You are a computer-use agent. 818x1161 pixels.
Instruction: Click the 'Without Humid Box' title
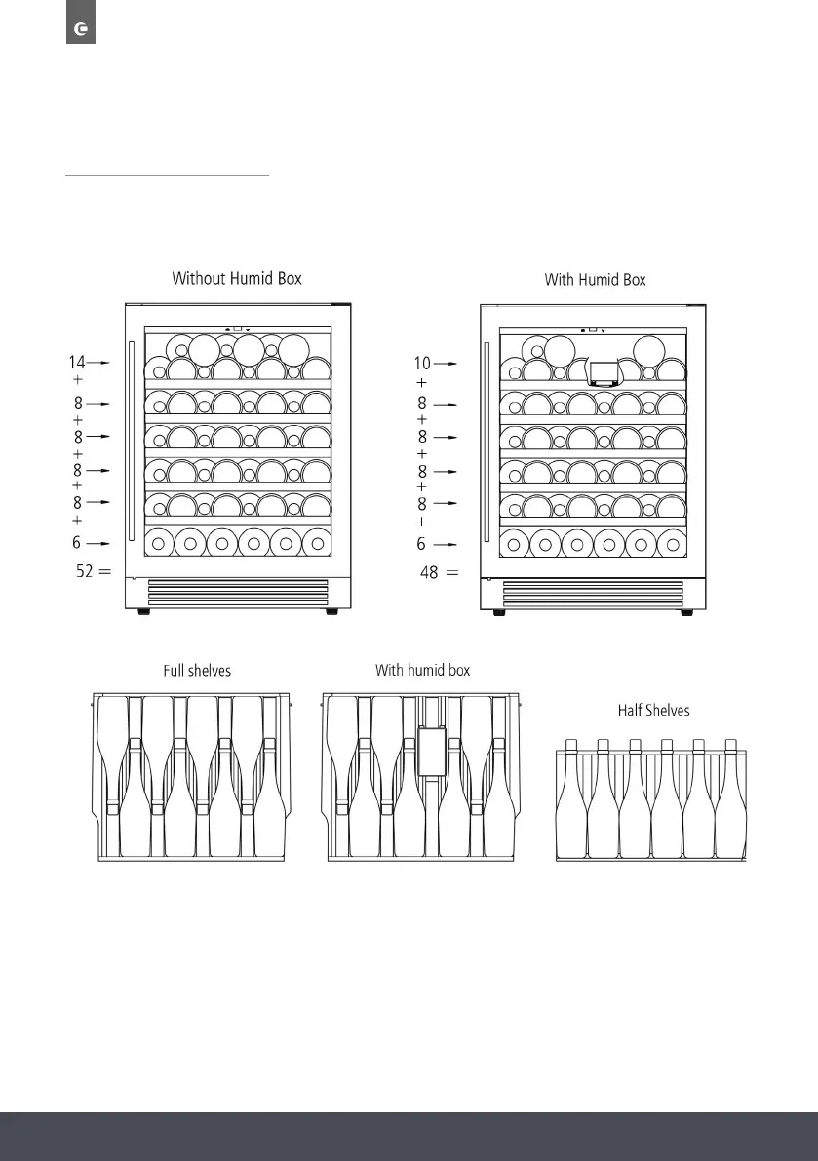click(x=237, y=278)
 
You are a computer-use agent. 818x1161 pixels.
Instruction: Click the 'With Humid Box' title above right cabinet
click(x=595, y=280)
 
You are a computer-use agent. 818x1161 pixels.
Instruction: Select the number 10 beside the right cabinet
click(x=421, y=364)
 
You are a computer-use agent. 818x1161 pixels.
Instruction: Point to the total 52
click(x=86, y=573)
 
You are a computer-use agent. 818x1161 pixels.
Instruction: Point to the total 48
click(x=429, y=573)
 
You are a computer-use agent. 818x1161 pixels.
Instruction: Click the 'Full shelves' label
click(x=196, y=672)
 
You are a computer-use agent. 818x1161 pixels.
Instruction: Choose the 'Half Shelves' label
click(x=653, y=710)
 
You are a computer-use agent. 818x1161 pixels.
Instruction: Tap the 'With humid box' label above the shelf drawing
click(x=423, y=671)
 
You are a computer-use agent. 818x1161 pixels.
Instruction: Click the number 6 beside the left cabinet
click(x=77, y=543)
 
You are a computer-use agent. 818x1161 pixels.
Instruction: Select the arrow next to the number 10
click(x=447, y=364)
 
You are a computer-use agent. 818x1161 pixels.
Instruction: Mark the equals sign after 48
click(x=451, y=573)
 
